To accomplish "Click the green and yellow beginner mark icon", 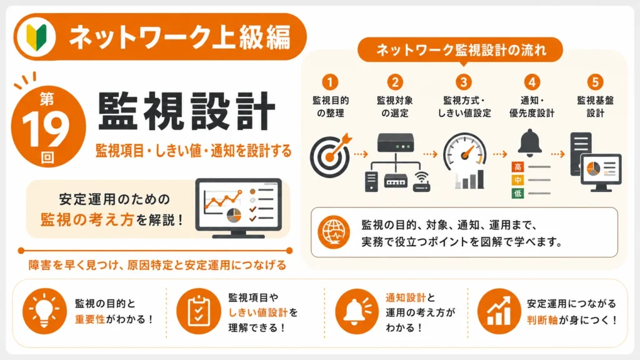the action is (36, 37).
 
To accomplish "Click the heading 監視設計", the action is (186, 111).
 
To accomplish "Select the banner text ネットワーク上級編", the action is (179, 37).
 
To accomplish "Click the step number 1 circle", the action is (330, 82).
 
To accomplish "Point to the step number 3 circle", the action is (463, 82).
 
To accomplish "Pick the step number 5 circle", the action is (595, 82).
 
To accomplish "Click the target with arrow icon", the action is (330, 155).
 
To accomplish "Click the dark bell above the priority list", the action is (530, 143).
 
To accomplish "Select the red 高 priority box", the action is (517, 166).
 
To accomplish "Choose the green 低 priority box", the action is (517, 193).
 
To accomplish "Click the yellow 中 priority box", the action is (517, 180).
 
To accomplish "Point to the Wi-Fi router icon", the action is (422, 182).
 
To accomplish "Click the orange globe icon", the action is (334, 232).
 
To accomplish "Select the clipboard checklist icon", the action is (198, 311).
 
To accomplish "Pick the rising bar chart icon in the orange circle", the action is (499, 311).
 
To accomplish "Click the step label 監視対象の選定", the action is (395, 106).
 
